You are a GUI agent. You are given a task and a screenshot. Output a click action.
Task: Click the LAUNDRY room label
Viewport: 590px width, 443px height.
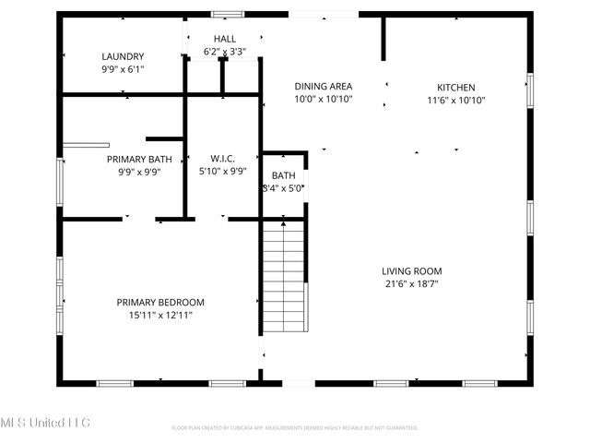click(x=123, y=55)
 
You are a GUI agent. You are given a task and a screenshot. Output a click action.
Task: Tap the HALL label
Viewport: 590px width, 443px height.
click(x=225, y=38)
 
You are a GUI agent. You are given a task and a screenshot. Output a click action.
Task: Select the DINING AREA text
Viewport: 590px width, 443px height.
click(x=323, y=86)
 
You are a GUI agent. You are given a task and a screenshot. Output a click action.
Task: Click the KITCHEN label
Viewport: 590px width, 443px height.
click(x=455, y=88)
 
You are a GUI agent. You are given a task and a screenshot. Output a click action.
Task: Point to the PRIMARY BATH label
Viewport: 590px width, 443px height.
click(x=139, y=159)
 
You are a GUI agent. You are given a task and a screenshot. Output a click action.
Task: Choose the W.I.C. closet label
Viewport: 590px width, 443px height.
click(x=224, y=159)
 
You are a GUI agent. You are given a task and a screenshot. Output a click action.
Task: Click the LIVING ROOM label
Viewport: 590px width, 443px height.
click(x=412, y=271)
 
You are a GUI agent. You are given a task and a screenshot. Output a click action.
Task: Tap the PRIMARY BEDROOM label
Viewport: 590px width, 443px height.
click(x=160, y=302)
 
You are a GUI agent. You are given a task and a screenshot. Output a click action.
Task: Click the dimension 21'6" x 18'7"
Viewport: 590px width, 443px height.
click(x=412, y=284)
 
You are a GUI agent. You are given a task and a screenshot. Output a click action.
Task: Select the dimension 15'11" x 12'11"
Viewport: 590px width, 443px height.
click(x=160, y=315)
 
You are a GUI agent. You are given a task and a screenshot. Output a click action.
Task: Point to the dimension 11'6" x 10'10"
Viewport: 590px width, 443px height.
click(x=455, y=101)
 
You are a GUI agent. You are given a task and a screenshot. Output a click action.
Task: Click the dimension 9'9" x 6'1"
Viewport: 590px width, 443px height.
click(x=123, y=68)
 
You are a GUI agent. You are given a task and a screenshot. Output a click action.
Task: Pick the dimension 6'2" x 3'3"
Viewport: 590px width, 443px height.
click(x=225, y=52)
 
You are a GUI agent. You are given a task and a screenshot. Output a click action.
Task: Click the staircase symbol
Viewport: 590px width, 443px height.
click(x=283, y=277)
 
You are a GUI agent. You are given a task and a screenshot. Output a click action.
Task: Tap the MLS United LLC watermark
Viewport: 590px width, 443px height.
click(x=46, y=423)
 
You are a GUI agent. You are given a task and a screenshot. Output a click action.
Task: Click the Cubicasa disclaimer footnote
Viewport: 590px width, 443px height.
click(x=295, y=427)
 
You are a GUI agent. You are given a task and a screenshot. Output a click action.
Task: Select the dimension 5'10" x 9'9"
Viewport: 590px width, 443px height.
click(x=224, y=172)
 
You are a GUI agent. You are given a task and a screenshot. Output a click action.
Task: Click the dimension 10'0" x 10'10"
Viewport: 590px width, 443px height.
click(x=323, y=99)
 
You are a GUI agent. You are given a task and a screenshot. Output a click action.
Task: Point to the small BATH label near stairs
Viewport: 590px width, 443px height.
click(x=283, y=175)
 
